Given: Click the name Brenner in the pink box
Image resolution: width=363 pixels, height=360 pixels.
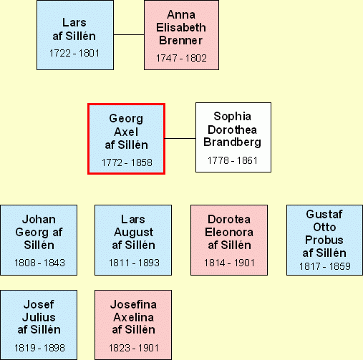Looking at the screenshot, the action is pos(180,40).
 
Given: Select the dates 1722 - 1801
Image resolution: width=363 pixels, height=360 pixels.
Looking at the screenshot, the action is pos(74,53).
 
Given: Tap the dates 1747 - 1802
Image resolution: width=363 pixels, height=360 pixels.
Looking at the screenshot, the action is pos(181,58).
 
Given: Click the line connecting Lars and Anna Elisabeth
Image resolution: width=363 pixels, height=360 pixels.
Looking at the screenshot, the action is pos(129,34).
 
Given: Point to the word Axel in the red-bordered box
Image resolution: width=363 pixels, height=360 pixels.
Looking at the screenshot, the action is pos(126,132).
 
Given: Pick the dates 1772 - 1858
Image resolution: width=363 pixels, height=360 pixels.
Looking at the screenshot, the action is pos(127,162).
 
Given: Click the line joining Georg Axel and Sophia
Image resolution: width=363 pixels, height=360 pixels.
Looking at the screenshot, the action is pos(180,138).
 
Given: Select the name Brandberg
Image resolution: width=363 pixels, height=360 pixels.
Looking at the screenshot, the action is pos(232,142).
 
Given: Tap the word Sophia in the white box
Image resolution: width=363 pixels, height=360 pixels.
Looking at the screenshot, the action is pos(232,117).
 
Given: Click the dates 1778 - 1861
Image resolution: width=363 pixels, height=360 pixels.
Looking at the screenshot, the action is pos(233,160).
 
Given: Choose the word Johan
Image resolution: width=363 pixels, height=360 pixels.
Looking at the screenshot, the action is pos(39,219).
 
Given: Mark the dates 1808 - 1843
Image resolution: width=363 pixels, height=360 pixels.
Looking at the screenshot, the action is pos(39,263).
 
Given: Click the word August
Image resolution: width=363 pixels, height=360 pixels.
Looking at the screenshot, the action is pos(133,233).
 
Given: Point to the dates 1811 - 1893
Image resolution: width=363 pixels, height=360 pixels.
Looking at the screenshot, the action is pos(134,263).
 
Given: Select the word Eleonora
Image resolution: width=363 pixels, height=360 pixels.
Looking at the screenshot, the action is pos(229,232).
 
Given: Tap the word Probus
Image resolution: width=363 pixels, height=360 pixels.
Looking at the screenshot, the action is pos(324,240).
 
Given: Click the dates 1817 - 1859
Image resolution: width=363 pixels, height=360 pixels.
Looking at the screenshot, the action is pos(325,266).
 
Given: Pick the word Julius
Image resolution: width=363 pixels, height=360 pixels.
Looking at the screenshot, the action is pos(39,317).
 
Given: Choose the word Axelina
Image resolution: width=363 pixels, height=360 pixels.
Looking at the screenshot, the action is pos(133,317).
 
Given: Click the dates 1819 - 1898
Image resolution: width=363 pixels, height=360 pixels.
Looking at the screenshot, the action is pos(39,348).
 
